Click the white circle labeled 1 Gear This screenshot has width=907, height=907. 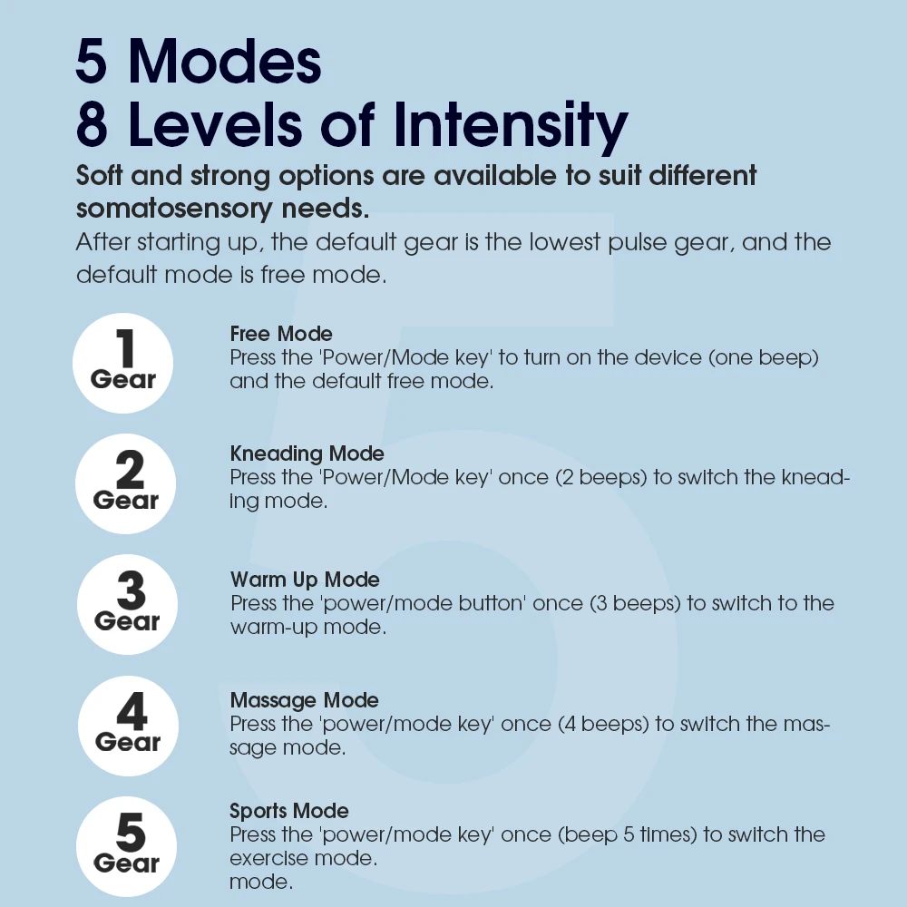[123, 363]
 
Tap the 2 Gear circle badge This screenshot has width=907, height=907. [126, 483]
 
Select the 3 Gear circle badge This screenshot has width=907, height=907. [127, 604]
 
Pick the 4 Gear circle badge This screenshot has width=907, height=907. [128, 725]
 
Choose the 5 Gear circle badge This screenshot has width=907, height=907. [126, 845]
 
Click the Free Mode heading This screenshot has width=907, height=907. [281, 335]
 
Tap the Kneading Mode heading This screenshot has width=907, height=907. [307, 453]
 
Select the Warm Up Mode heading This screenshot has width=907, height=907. [305, 580]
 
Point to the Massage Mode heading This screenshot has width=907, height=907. [304, 700]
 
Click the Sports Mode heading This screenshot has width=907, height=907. [288, 811]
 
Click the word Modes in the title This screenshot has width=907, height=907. [225, 62]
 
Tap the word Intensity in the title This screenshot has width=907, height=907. [516, 125]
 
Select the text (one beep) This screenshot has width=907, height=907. [762, 357]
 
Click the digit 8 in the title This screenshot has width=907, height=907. [93, 125]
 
